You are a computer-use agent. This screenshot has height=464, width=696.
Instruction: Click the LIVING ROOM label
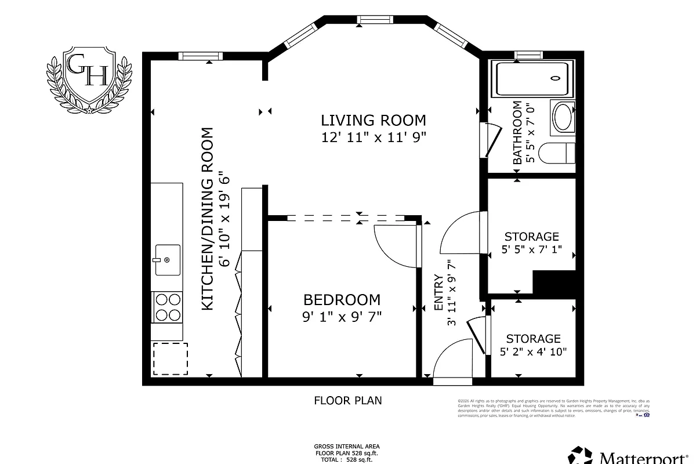click(x=374, y=120)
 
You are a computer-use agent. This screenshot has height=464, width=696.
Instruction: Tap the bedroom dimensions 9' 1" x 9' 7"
click(x=342, y=317)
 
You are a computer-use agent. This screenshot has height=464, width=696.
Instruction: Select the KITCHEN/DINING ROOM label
click(x=208, y=219)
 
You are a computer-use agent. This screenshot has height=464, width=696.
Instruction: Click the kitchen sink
click(x=167, y=260)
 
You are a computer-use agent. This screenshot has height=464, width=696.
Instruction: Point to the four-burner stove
click(x=166, y=307)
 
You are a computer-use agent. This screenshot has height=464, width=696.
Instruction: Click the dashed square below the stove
click(x=170, y=358)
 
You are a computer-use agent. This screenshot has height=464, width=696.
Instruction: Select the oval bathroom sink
click(x=562, y=118)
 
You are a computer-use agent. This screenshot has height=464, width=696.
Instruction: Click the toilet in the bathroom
click(x=557, y=153)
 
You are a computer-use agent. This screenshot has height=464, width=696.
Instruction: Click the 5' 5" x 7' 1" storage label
click(x=531, y=243)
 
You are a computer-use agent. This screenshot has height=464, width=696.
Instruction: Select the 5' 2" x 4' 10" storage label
click(x=533, y=345)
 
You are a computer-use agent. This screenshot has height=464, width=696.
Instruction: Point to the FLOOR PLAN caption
click(x=348, y=400)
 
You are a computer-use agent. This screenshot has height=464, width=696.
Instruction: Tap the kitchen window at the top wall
click(x=200, y=56)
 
